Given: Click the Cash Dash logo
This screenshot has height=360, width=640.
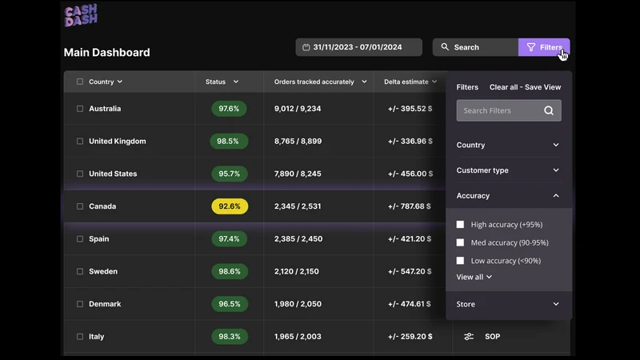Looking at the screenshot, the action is click(x=81, y=15).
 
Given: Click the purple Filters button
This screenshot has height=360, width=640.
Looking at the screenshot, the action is click(x=544, y=47).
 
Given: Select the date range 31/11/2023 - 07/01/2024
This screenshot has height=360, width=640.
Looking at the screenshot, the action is click(x=358, y=47).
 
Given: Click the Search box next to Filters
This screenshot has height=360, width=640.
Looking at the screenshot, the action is click(x=475, y=47).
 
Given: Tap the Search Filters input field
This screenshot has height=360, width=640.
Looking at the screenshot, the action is click(x=509, y=110).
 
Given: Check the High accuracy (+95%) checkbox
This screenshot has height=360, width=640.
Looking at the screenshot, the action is click(x=461, y=225).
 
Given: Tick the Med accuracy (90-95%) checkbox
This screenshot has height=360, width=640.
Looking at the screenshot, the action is click(x=461, y=242).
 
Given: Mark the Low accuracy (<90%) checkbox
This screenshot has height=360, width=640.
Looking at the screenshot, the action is click(x=461, y=261).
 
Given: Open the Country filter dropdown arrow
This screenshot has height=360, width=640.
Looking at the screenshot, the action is click(x=556, y=145).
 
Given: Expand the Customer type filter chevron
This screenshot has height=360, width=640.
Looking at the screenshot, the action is click(x=556, y=170).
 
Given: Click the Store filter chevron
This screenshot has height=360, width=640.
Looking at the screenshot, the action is click(x=556, y=304).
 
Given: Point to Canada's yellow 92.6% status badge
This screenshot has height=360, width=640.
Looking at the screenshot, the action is click(x=230, y=206).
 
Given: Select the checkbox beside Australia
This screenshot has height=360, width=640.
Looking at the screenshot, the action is click(x=80, y=109).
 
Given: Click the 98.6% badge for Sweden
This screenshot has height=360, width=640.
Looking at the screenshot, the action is click(x=230, y=271).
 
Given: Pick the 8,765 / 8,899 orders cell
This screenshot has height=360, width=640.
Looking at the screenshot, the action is click(x=298, y=142).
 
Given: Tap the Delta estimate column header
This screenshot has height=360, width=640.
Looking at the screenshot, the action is click(x=406, y=82).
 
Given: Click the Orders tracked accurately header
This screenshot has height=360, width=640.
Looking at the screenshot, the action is click(x=314, y=82).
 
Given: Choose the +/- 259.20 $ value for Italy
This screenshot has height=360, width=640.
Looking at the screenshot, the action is click(x=410, y=337).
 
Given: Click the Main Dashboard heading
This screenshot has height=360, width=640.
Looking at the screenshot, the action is click(x=107, y=52).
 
